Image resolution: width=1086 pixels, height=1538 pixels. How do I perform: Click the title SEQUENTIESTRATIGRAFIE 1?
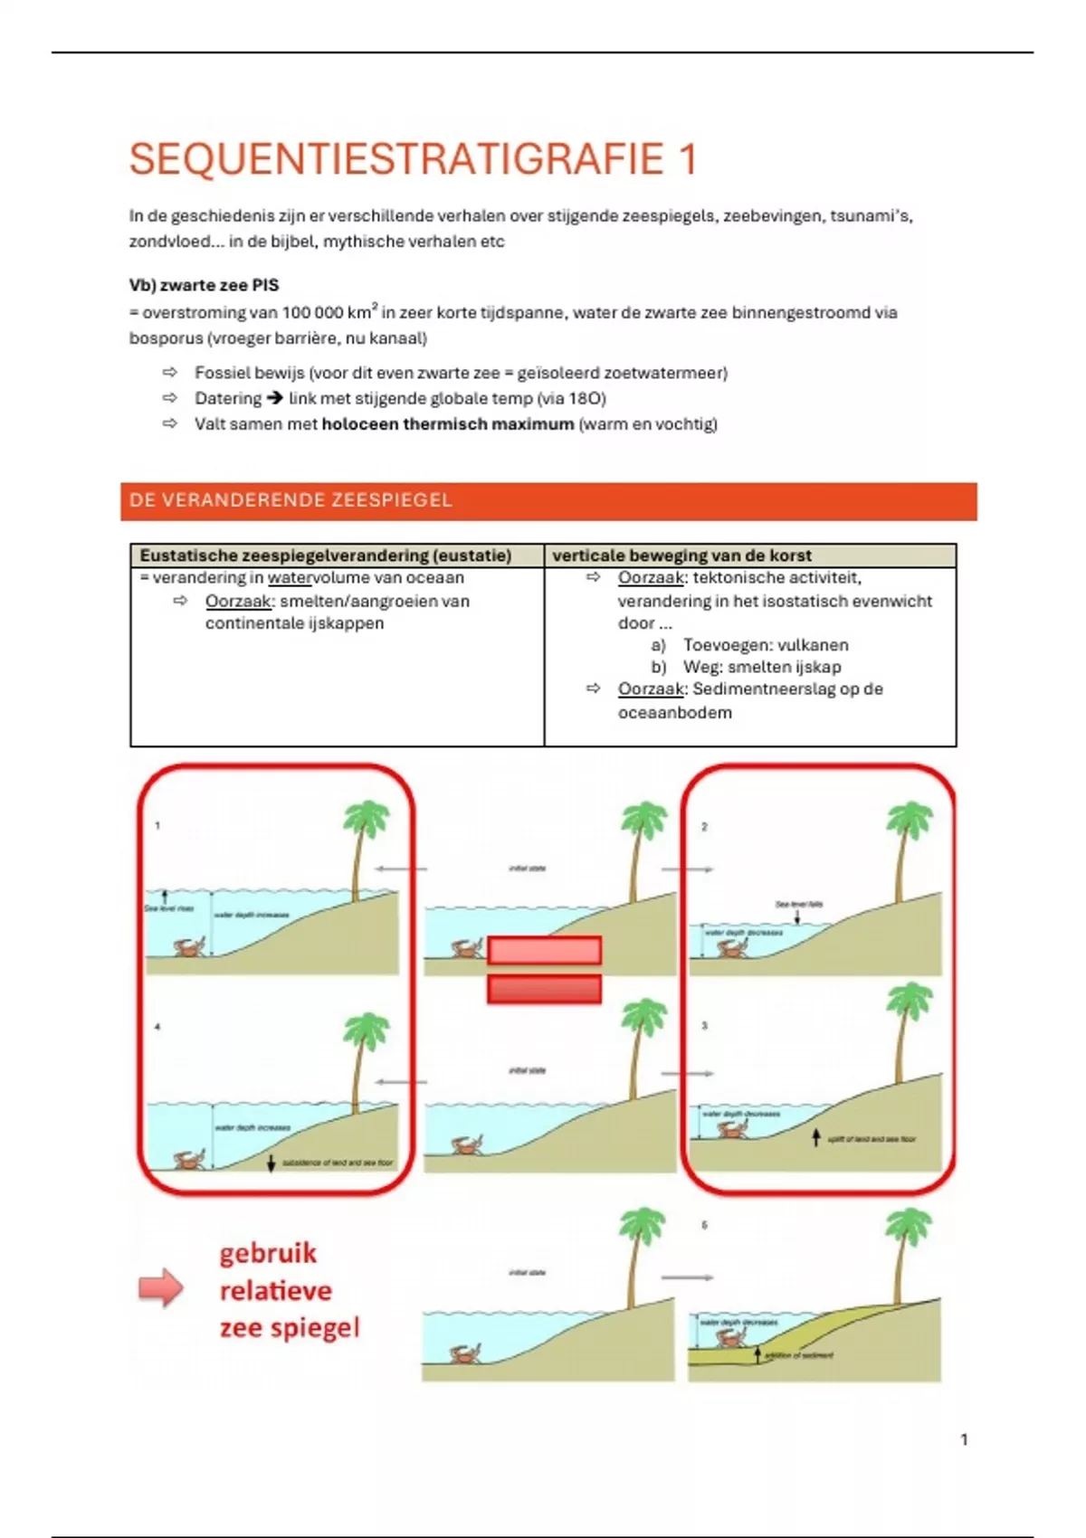pyautogui.click(x=413, y=159)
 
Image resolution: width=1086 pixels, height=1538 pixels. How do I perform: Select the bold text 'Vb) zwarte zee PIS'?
pyautogui.click(x=204, y=285)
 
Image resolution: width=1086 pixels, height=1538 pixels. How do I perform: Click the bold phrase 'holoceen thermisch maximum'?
pyautogui.click(x=447, y=423)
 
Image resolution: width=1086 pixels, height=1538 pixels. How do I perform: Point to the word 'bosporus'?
pyautogui.click(x=166, y=338)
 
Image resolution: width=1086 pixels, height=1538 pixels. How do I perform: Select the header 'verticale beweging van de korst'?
pyautogui.click(x=681, y=555)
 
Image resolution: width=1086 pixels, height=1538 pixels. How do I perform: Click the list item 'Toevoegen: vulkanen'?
pyautogui.click(x=765, y=645)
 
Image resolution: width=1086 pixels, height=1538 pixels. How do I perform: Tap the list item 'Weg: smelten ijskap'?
pyautogui.click(x=761, y=667)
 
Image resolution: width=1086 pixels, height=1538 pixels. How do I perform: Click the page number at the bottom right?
pyautogui.click(x=964, y=1439)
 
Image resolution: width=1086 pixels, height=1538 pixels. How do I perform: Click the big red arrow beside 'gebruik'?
pyautogui.click(x=160, y=1287)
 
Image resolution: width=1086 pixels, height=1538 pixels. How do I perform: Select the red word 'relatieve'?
pyautogui.click(x=275, y=1290)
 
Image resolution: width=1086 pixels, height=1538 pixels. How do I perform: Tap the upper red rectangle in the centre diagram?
pyautogui.click(x=544, y=950)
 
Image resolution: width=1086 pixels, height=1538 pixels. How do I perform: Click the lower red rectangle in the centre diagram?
pyautogui.click(x=544, y=989)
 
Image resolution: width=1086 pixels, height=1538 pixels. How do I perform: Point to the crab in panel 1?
pyautogui.click(x=190, y=948)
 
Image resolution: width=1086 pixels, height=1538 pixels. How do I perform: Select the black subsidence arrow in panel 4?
pyautogui.click(x=271, y=1163)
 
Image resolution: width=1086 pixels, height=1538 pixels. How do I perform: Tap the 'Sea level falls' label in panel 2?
pyautogui.click(x=799, y=904)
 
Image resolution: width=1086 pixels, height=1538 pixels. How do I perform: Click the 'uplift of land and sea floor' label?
pyautogui.click(x=871, y=1139)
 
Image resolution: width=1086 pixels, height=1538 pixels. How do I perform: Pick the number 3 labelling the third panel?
pyautogui.click(x=704, y=1026)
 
